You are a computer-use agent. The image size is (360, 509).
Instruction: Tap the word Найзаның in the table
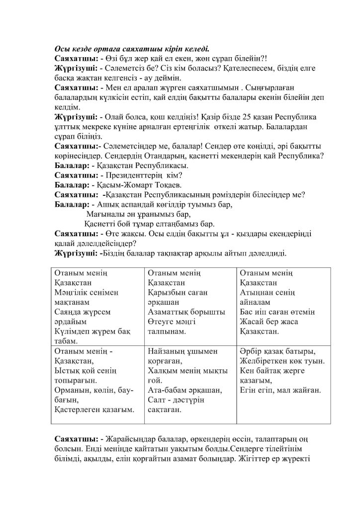tap(167, 351)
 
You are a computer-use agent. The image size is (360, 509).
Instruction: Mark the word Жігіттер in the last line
tap(258, 469)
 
